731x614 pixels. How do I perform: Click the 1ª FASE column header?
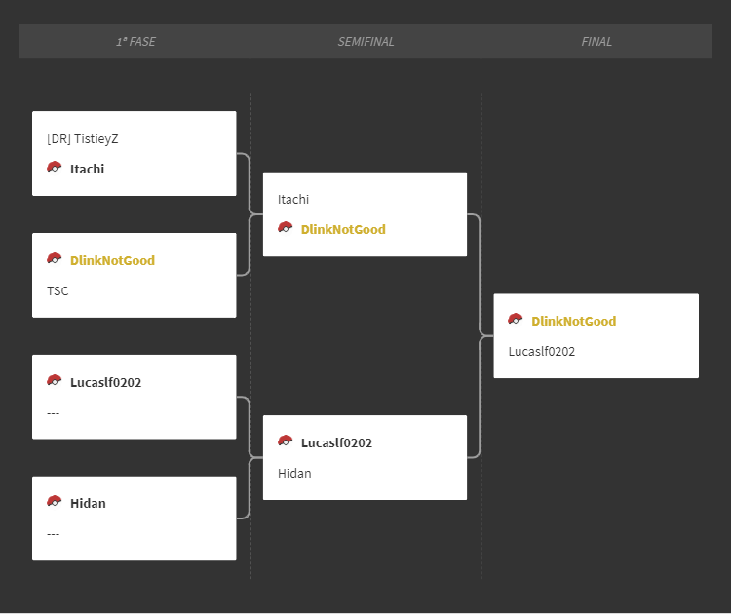[135, 42]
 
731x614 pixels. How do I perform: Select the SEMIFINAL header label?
[365, 42]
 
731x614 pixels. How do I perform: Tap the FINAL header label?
[596, 42]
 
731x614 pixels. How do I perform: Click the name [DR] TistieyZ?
[83, 139]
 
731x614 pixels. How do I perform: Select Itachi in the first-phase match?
[87, 169]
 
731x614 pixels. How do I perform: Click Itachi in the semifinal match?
[293, 200]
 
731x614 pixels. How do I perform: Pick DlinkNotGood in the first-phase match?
[112, 260]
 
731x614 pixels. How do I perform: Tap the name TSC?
[58, 290]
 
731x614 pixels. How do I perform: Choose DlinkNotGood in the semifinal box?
[343, 229]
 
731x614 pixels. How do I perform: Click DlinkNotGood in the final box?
[574, 322]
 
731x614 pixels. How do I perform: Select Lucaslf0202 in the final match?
[542, 352]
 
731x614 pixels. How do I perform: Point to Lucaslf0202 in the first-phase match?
[106, 382]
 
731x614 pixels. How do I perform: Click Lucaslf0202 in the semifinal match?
[336, 442]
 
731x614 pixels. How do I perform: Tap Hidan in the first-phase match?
[88, 504]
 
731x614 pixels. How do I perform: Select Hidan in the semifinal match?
[294, 474]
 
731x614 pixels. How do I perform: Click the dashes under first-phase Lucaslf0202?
[54, 413]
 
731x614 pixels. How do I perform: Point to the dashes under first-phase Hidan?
[54, 534]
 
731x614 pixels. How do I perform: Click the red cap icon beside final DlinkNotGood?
[516, 320]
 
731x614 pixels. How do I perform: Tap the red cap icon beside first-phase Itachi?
[54, 167]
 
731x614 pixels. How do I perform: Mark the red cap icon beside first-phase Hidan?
[54, 501]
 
